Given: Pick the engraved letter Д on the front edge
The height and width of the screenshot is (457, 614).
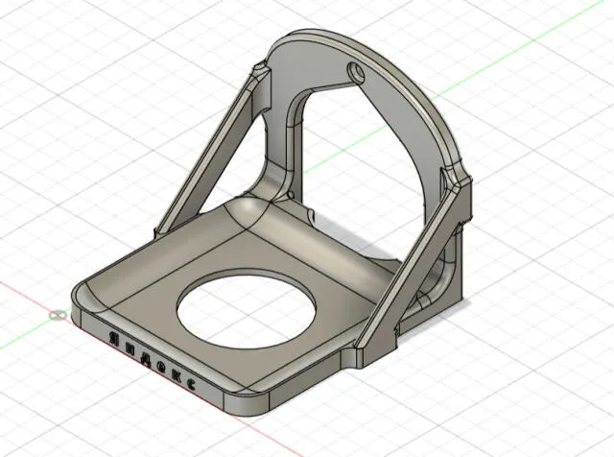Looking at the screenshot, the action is [146, 357].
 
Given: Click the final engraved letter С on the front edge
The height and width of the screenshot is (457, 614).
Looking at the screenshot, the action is [191, 385].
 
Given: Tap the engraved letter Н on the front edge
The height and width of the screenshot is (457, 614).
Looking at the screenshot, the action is [130, 348].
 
